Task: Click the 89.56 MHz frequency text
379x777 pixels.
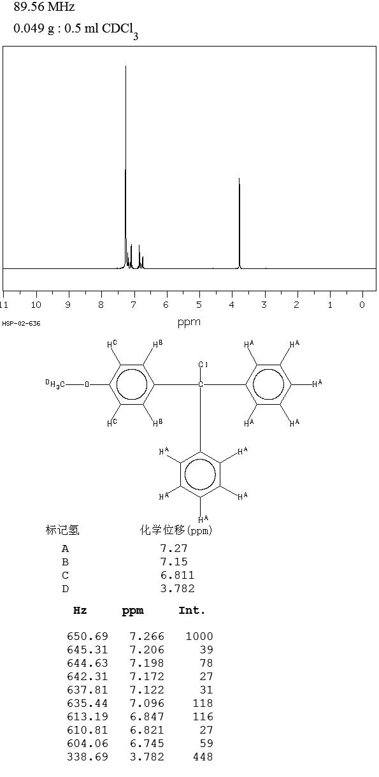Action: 44,6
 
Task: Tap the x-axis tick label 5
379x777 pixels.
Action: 199,305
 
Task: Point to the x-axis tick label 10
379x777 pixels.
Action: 36,305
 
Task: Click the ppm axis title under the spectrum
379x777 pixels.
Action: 189,323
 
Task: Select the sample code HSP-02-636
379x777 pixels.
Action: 21,324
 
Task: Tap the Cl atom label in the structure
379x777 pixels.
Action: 203,365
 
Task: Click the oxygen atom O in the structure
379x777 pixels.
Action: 87,384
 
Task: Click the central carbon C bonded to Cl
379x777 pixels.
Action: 201,384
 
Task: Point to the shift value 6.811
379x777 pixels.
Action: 177,575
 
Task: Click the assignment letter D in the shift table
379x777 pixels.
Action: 65,589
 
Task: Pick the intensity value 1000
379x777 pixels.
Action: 199,636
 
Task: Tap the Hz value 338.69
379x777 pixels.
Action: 87,757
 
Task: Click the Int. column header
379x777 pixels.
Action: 192,611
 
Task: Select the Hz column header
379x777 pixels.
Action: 80,611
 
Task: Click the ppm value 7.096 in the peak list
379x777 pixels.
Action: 147,703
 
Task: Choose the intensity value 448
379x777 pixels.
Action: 203,757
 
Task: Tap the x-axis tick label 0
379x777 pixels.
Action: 362,305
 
